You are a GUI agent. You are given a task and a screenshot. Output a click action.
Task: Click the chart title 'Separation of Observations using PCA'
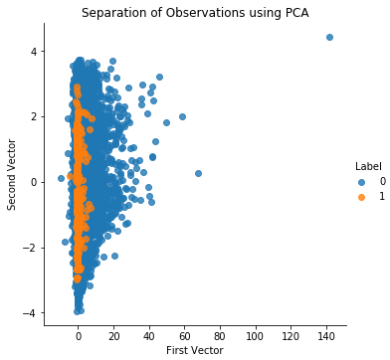(195, 12)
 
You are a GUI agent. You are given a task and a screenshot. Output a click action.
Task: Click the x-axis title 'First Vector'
(195, 350)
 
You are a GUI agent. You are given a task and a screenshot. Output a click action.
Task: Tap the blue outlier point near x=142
(329, 37)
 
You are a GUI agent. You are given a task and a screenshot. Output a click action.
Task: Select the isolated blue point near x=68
(198, 173)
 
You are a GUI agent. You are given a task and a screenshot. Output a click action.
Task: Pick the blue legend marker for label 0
(359, 181)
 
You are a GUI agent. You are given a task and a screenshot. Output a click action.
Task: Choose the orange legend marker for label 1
(359, 196)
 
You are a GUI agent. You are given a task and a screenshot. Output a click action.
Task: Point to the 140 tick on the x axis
(325, 334)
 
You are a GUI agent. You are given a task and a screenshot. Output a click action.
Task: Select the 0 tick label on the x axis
(79, 334)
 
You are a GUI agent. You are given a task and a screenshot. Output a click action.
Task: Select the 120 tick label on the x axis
(290, 334)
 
